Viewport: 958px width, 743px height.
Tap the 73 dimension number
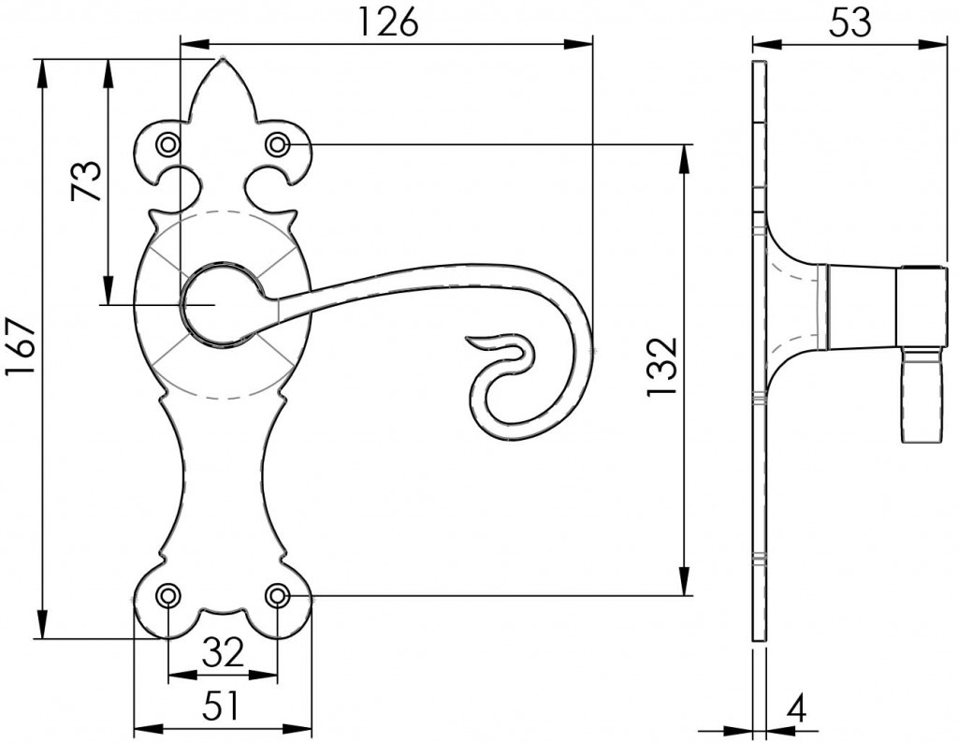pos(86,180)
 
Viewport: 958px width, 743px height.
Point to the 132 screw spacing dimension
pos(662,368)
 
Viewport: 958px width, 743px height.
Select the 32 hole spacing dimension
pos(223,652)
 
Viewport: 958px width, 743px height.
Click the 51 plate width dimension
pos(222,706)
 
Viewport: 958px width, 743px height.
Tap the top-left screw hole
pos(167,145)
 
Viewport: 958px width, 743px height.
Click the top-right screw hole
pos(278,145)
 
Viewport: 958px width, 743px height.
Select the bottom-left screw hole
pos(167,595)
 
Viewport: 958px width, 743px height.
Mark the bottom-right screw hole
pos(278,595)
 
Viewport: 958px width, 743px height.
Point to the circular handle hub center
pos(217,305)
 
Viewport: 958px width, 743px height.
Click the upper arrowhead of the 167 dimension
pos(41,70)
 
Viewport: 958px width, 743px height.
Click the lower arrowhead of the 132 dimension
pos(685,584)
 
